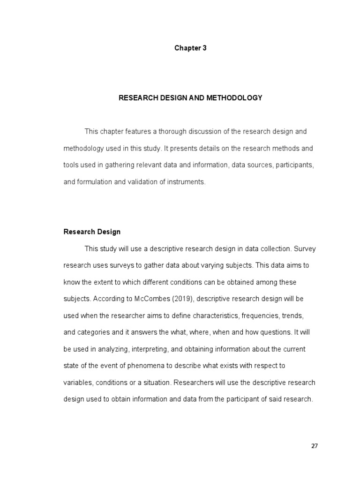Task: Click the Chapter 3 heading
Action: pyautogui.click(x=190, y=48)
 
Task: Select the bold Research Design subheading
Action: pyautogui.click(x=92, y=232)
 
